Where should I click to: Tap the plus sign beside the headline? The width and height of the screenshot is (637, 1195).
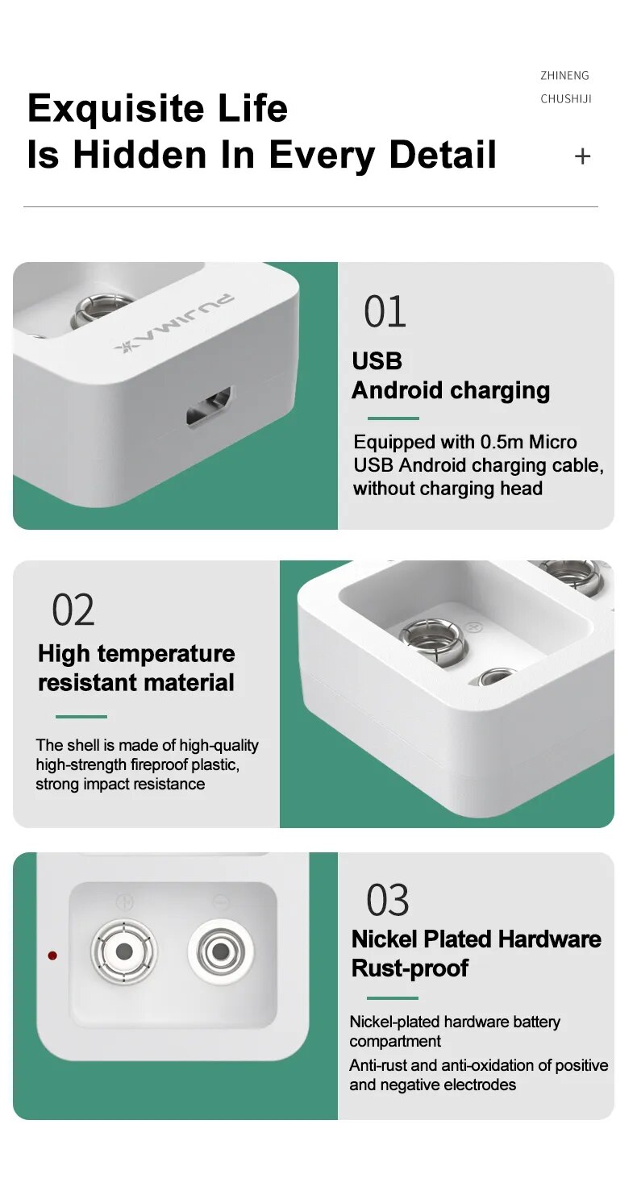(x=583, y=156)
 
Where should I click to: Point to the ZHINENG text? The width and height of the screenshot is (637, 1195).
(x=565, y=76)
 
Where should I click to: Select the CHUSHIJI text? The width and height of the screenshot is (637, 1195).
(x=566, y=99)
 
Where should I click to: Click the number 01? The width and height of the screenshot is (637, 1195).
(x=385, y=312)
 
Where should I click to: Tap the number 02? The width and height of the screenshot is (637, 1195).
(x=73, y=610)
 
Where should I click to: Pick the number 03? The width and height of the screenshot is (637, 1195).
(x=387, y=900)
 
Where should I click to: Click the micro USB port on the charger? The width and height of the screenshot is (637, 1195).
(x=210, y=405)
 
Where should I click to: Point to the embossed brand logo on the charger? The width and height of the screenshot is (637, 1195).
(x=174, y=323)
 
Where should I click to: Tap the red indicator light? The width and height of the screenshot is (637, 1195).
(x=52, y=955)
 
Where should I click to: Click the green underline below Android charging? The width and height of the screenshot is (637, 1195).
(x=393, y=418)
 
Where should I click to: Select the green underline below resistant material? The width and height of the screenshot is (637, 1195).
(x=81, y=717)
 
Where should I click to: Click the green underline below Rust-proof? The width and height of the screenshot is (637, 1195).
(x=392, y=997)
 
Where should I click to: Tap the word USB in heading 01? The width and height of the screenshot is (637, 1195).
(x=377, y=361)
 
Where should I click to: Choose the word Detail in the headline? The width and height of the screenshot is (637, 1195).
(x=443, y=156)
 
